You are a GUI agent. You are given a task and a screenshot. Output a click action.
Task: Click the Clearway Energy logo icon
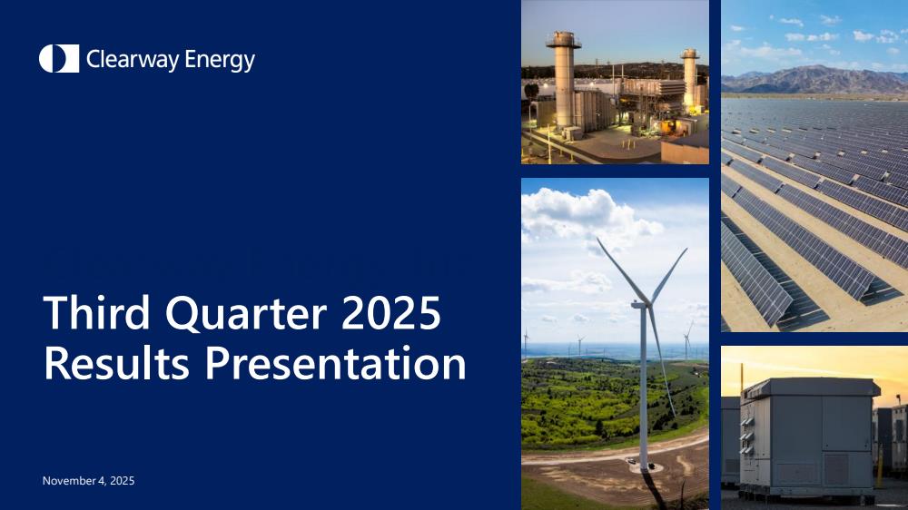(x=59, y=58)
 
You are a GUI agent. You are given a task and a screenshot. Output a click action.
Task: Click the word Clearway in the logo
(x=124, y=59)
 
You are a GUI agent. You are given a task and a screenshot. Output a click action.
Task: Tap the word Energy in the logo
(x=212, y=60)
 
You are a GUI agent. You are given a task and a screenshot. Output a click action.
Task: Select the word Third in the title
(x=97, y=312)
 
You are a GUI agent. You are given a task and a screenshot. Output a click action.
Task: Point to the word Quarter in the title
(x=245, y=313)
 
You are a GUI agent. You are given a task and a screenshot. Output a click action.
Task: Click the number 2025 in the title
(x=390, y=312)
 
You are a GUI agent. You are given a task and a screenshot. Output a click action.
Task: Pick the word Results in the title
(x=116, y=363)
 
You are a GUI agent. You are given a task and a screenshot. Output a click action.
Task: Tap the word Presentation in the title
(x=335, y=363)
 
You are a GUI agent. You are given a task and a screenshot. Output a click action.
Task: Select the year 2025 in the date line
(x=123, y=480)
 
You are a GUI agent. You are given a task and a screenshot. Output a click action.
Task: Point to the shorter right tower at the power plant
(x=690, y=77)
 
